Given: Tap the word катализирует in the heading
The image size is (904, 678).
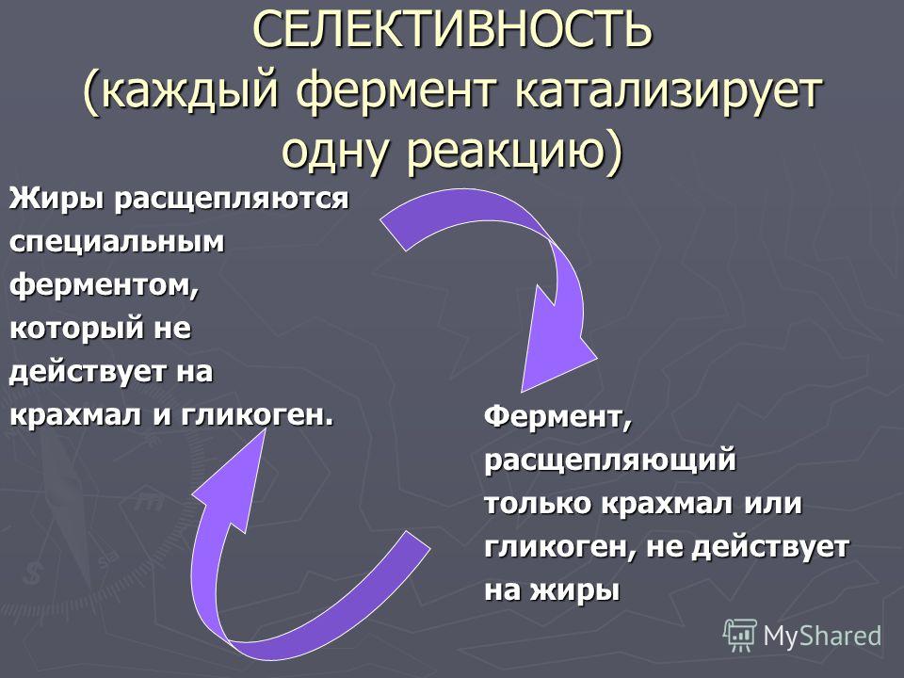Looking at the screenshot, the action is (668, 91).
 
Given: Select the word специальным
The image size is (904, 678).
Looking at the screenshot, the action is (117, 242).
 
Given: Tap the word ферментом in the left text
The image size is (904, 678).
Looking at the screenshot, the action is (100, 284).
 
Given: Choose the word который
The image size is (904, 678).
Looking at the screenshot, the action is (76, 328).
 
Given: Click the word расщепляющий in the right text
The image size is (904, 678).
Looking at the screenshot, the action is (610, 460).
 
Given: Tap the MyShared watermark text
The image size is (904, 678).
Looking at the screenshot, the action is (822, 636).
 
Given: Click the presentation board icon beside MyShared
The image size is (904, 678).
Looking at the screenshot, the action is (740, 636).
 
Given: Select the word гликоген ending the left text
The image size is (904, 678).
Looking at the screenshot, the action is (253, 415).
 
